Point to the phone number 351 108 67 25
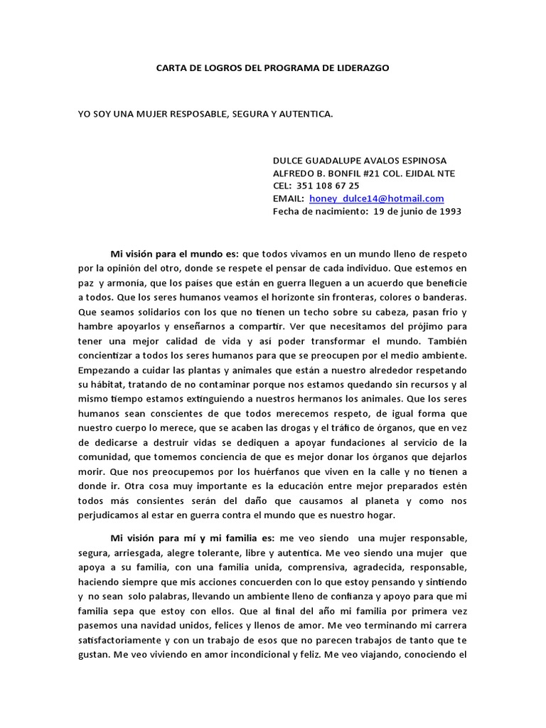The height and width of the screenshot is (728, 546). pos(328,186)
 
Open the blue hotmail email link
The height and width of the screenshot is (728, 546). pos(377,199)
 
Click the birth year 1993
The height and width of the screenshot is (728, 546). pos(449,212)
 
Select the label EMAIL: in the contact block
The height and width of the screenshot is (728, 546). pos(289,199)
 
